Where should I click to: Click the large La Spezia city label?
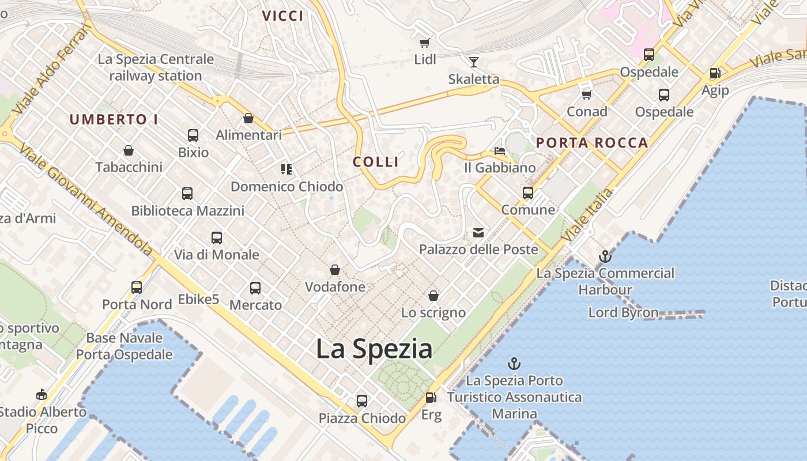(374, 349)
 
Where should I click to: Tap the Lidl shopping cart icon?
(425, 43)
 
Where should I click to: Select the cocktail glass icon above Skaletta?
(474, 62)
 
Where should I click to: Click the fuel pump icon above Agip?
(715, 73)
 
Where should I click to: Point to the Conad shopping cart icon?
(587, 94)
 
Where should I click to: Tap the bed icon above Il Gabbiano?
(500, 151)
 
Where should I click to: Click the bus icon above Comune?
(528, 193)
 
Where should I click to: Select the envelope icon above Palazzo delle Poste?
(478, 233)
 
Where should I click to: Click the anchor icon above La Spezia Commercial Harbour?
(605, 256)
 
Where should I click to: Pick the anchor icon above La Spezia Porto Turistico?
(514, 364)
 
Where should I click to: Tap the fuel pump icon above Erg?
(431, 398)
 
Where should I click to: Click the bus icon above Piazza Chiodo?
(362, 401)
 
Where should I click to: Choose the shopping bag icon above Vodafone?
(335, 270)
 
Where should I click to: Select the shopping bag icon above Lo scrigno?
(433, 296)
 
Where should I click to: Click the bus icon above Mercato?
(255, 288)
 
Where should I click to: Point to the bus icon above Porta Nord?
(137, 288)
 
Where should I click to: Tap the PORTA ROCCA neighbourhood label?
(592, 143)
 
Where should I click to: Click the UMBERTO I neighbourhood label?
(114, 120)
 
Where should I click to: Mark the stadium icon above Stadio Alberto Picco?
(41, 395)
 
